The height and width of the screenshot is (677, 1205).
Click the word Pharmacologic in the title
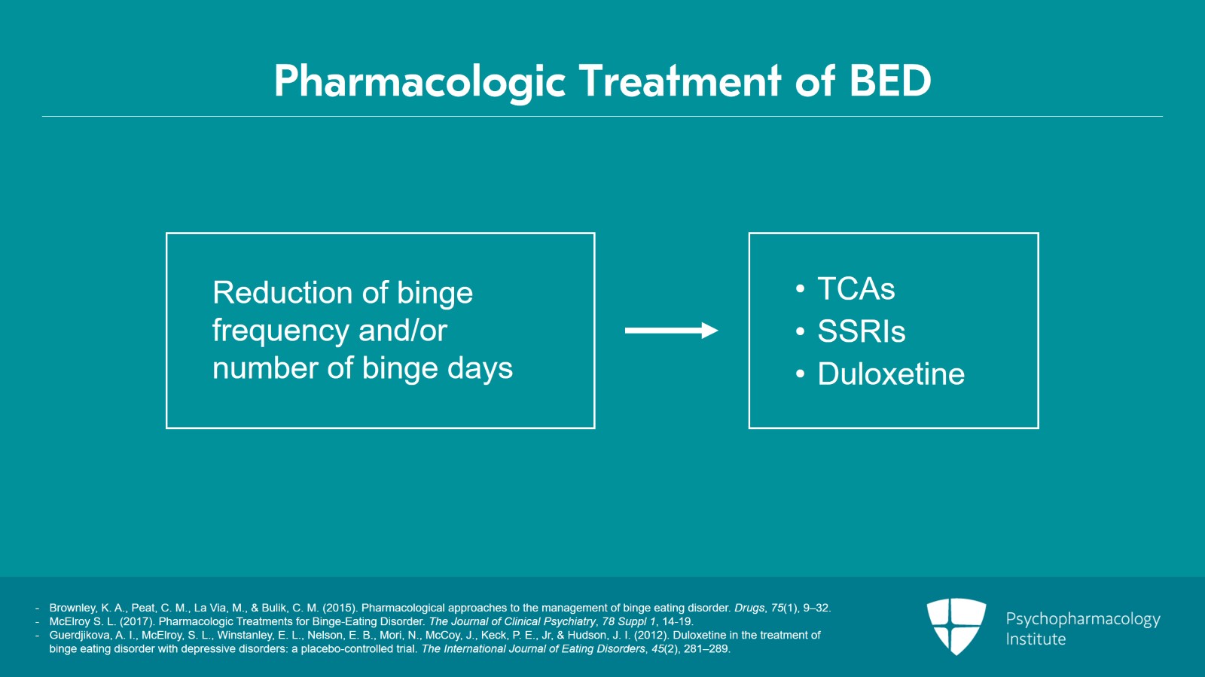point(419,81)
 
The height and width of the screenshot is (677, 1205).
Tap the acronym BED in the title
point(890,81)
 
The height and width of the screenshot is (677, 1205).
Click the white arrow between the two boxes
point(671,331)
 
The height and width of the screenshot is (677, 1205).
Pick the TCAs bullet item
point(856,289)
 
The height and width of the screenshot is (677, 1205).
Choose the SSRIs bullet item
point(861,332)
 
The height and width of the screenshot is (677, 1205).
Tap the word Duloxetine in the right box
point(891,374)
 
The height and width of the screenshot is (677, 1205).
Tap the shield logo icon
point(956,626)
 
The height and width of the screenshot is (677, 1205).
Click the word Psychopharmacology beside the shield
point(1082,619)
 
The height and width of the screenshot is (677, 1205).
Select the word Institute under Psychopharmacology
point(1036,639)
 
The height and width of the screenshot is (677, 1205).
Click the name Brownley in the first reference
point(73,608)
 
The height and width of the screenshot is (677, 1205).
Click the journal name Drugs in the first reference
point(749,608)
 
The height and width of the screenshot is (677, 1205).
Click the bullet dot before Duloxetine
point(800,374)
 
